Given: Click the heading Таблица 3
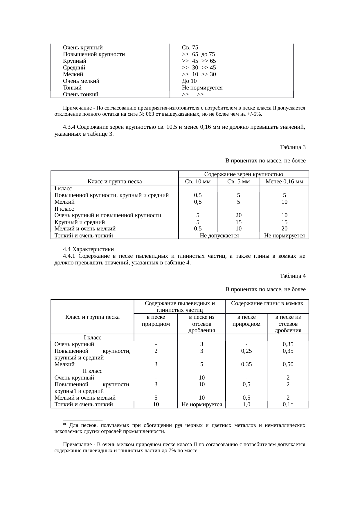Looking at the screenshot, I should point(292,147).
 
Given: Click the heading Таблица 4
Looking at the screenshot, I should point(292,276).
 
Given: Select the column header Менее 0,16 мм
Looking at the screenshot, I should point(284,182).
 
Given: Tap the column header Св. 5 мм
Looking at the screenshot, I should point(238,182).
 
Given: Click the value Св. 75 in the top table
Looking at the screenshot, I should point(190,47).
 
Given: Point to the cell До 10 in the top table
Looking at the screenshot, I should point(189,81).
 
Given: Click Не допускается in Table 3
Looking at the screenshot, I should point(219,236).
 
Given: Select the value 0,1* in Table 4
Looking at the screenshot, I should point(288,404).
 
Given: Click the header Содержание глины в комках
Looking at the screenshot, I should point(267,303).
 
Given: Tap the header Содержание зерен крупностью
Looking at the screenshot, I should point(244,174).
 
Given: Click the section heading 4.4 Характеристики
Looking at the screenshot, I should point(88,249).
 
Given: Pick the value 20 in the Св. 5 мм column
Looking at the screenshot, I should point(238,215).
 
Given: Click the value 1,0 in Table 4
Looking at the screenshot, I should point(246,404).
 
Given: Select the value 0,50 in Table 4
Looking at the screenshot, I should point(288,364).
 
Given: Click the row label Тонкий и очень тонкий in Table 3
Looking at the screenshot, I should point(84,236).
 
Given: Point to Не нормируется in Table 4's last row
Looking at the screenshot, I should point(201,404).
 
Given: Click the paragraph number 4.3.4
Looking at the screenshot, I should point(69,127).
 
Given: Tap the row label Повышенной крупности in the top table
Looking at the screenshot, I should point(94,54).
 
